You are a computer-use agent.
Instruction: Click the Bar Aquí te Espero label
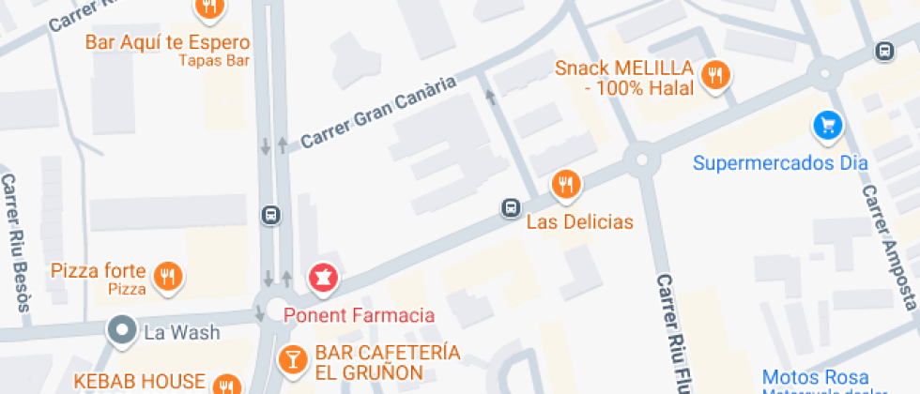pyautogui.click(x=167, y=42)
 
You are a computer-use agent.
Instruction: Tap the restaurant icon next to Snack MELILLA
pyautogui.click(x=716, y=76)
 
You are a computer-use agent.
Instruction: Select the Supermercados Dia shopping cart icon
pyautogui.click(x=826, y=126)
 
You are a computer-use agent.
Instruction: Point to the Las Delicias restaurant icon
pyautogui.click(x=565, y=184)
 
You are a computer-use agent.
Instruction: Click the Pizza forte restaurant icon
pyautogui.click(x=168, y=276)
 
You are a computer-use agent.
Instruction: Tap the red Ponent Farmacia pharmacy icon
pyautogui.click(x=324, y=278)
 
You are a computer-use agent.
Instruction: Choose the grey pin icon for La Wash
pyautogui.click(x=121, y=331)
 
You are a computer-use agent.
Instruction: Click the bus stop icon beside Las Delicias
pyautogui.click(x=511, y=207)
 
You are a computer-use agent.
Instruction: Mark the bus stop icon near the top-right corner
pyautogui.click(x=883, y=52)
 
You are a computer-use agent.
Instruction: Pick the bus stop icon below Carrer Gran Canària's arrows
pyautogui.click(x=270, y=215)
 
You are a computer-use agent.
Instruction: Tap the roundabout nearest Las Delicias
pyautogui.click(x=643, y=158)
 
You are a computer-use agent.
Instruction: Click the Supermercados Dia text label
pyautogui.click(x=779, y=163)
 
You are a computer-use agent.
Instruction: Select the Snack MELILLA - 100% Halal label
pyautogui.click(x=623, y=78)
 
